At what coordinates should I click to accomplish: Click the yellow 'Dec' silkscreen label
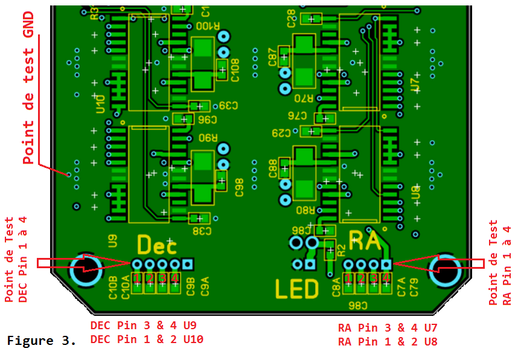click(157, 245)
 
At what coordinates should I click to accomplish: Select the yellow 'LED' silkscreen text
click(297, 289)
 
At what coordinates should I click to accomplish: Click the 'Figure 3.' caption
click(42, 341)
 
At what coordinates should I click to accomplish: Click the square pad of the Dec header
click(188, 264)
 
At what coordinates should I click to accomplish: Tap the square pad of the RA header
click(386, 264)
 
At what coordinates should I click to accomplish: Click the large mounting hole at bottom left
click(85, 269)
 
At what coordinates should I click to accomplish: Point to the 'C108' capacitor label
click(235, 70)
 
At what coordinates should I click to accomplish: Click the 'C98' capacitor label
click(239, 187)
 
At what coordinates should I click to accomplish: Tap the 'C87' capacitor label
click(273, 59)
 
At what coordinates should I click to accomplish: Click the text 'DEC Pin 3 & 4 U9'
click(142, 326)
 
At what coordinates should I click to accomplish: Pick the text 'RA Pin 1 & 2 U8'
click(388, 342)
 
